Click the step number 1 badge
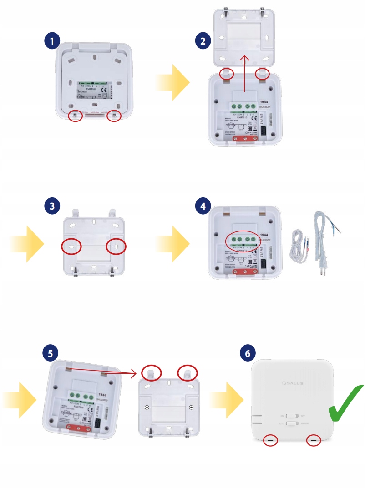point(53,41)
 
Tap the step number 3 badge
point(53,206)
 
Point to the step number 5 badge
point(49,353)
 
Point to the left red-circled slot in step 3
point(71,246)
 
